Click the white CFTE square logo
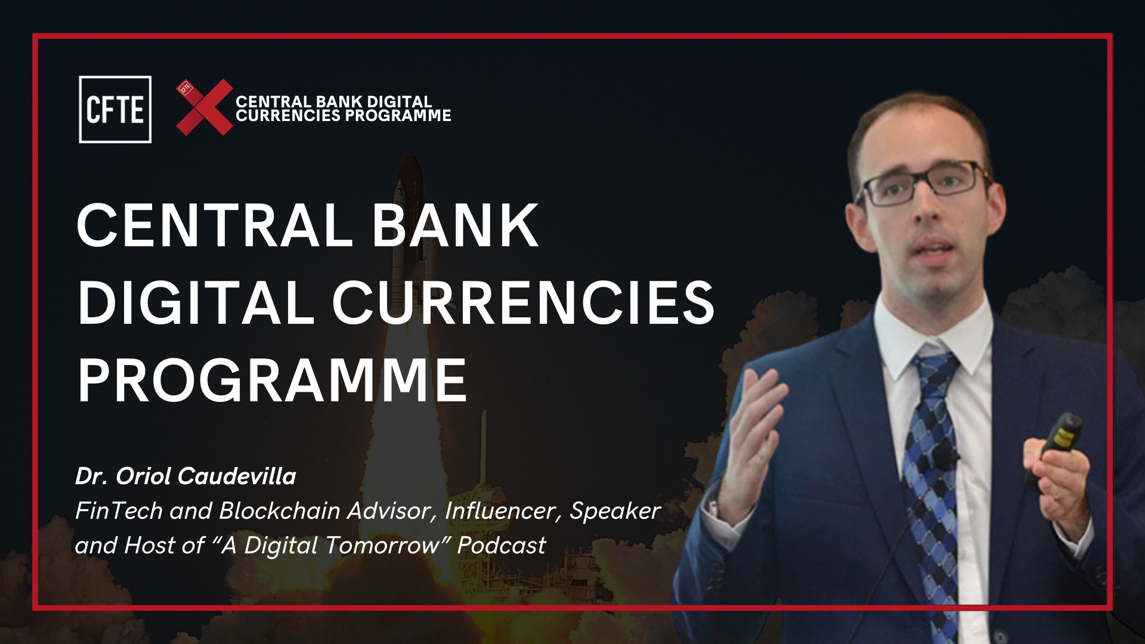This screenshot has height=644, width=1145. (x=115, y=110)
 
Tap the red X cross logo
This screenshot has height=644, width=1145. (x=205, y=107)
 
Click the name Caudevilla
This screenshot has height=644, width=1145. (x=237, y=476)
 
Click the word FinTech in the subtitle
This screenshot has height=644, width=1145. (x=119, y=511)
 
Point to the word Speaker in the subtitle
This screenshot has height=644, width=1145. (x=615, y=511)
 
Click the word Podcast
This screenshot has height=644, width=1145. (x=502, y=546)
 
